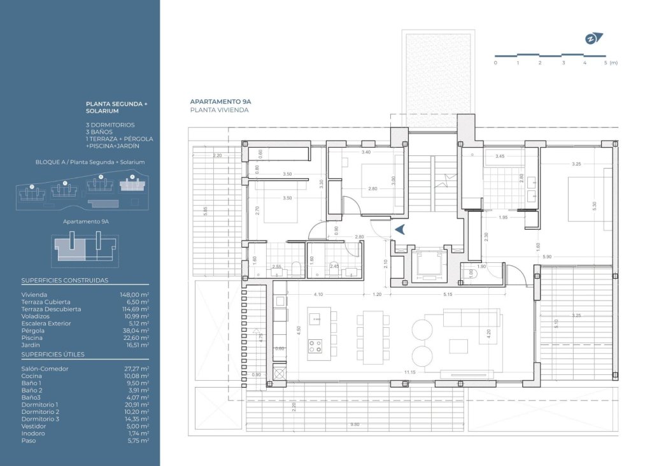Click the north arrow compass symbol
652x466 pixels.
coord(592,38)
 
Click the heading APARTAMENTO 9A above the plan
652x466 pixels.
coord(220,101)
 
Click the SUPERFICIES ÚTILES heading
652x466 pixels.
coord(53,354)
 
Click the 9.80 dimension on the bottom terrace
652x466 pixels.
coord(355,425)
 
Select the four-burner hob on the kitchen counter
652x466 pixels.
coord(315,346)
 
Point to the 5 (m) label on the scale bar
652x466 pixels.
coord(610,63)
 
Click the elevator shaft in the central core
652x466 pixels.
coord(423,265)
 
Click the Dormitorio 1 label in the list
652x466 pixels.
coord(39,404)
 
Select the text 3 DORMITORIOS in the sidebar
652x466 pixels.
coord(110,125)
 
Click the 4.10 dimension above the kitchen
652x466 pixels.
coord(318,294)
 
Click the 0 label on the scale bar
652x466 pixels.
coord(495,63)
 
